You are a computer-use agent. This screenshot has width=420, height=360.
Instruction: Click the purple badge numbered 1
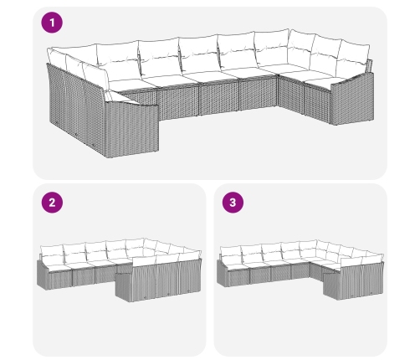52,23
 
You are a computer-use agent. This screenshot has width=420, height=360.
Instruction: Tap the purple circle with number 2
52,203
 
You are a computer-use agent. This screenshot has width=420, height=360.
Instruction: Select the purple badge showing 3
233,203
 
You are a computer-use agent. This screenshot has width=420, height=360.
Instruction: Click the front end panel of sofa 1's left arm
131,129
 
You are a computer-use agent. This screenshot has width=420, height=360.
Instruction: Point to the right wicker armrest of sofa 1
353,98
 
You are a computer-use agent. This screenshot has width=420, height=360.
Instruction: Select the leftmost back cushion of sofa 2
52,254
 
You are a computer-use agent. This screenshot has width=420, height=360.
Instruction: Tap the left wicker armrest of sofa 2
43,275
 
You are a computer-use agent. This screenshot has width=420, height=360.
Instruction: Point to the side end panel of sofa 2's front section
123,287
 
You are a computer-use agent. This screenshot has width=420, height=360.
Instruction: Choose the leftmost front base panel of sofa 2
60,279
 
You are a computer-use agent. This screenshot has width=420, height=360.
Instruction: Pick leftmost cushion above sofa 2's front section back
144,260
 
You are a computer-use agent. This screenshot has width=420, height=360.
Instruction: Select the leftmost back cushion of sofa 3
231,255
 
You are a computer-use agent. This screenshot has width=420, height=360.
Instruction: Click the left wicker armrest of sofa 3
223,273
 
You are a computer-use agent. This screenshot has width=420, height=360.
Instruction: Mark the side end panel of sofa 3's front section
331,287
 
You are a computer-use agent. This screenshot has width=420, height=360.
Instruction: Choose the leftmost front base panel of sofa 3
239,278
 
